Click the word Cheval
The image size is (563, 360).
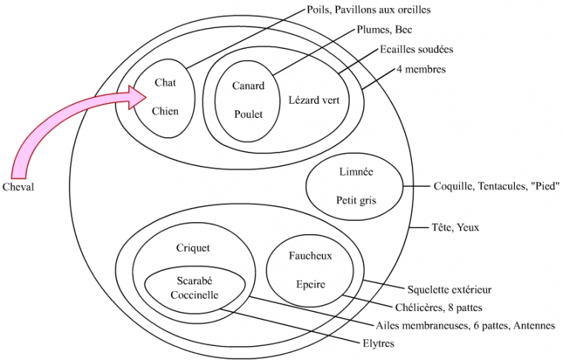pos(19,187)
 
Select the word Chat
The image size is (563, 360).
pos(164,83)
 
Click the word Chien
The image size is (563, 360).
pos(165,111)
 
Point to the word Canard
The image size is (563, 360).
pos(248,86)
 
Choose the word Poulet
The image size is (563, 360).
pos(248,114)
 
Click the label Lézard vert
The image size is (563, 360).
pos(314,100)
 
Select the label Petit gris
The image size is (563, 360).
pos(356,199)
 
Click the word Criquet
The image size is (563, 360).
pos(193,247)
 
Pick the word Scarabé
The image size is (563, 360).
pos(196,281)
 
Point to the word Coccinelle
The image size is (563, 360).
pos(196,295)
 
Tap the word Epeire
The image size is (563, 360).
pos(310,284)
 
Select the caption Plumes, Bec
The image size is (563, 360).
pos(384,30)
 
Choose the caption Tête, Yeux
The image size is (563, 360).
pos(455,227)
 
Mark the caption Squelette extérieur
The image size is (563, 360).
pos(449,289)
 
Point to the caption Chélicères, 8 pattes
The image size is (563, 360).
pos(443,307)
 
